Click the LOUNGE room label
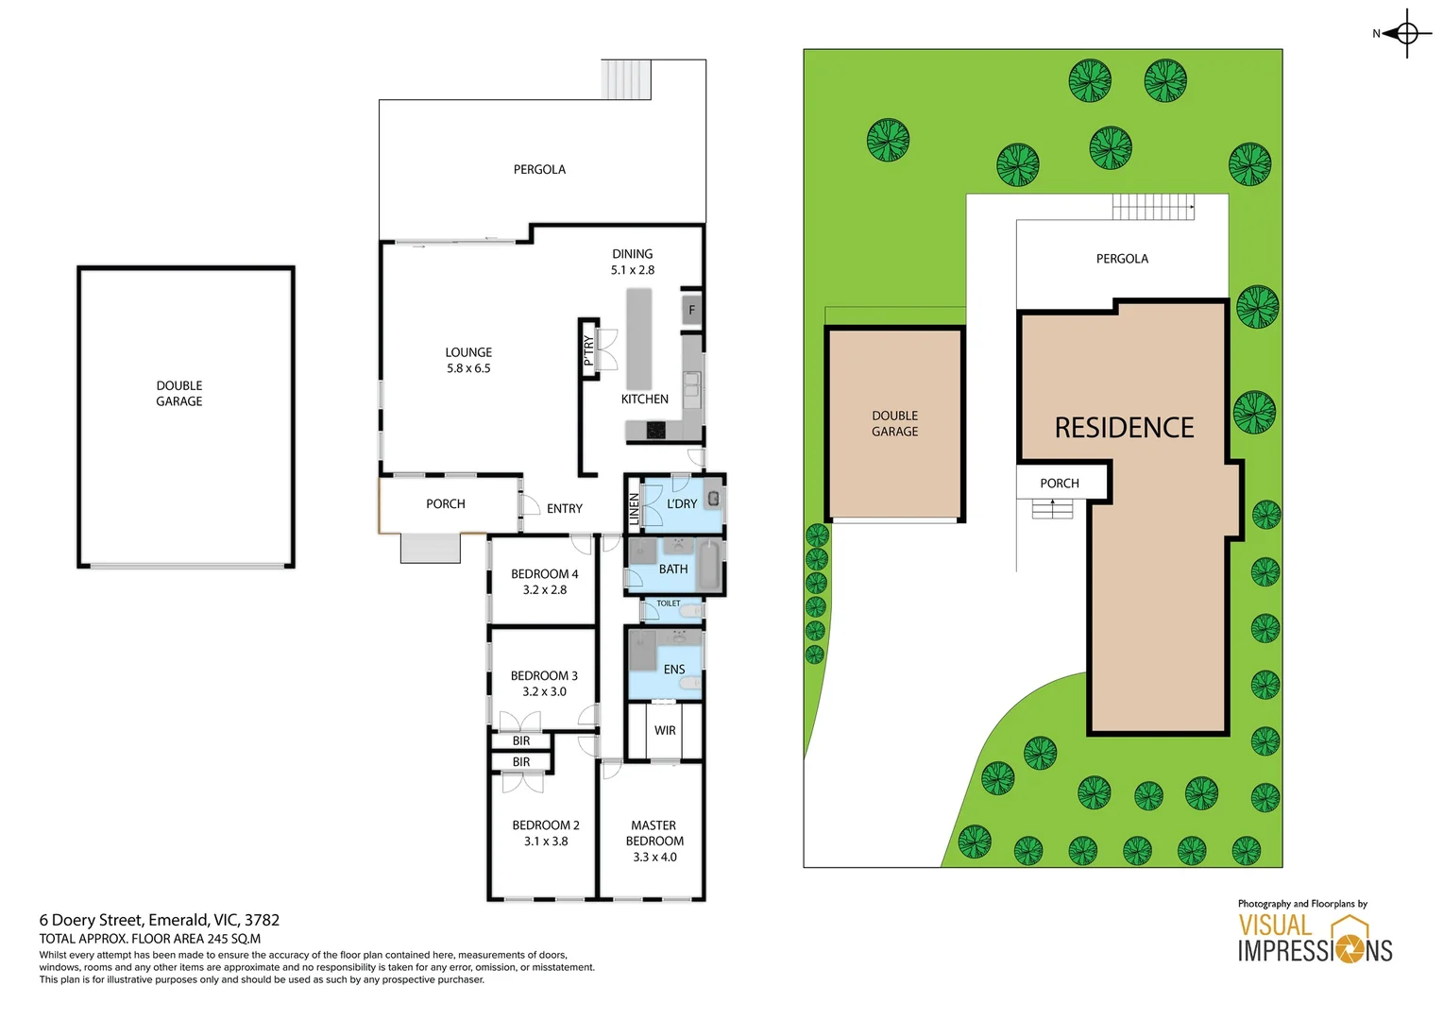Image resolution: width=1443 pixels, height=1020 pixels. click(x=468, y=353)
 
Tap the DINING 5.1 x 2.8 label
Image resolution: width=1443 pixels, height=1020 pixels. click(x=632, y=262)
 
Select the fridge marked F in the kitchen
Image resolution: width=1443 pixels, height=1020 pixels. click(x=691, y=310)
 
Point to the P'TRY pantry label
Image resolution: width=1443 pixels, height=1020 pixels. click(x=588, y=349)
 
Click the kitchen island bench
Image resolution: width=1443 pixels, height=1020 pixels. click(x=639, y=338)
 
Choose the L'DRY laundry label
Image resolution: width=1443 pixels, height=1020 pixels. click(x=682, y=504)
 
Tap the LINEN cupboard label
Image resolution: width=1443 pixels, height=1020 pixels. click(x=634, y=509)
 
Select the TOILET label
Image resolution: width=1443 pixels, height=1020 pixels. click(x=669, y=603)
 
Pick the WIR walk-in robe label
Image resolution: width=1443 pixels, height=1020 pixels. click(x=665, y=731)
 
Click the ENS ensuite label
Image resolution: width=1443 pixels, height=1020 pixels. click(x=674, y=670)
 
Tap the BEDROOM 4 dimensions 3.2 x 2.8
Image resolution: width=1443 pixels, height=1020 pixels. click(x=545, y=590)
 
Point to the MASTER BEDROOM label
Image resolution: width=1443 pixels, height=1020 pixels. click(x=654, y=833)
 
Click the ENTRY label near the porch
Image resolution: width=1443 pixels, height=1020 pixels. click(x=565, y=509)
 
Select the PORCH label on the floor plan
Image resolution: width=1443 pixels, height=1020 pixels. click(x=446, y=504)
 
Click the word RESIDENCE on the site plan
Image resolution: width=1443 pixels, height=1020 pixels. click(x=1124, y=428)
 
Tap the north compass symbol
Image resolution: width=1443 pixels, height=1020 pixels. click(x=1405, y=34)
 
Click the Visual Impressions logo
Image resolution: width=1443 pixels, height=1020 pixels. click(x=1315, y=938)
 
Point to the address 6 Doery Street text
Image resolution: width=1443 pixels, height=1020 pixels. click(x=160, y=920)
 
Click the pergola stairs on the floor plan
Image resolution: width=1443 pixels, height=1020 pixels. click(x=626, y=79)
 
